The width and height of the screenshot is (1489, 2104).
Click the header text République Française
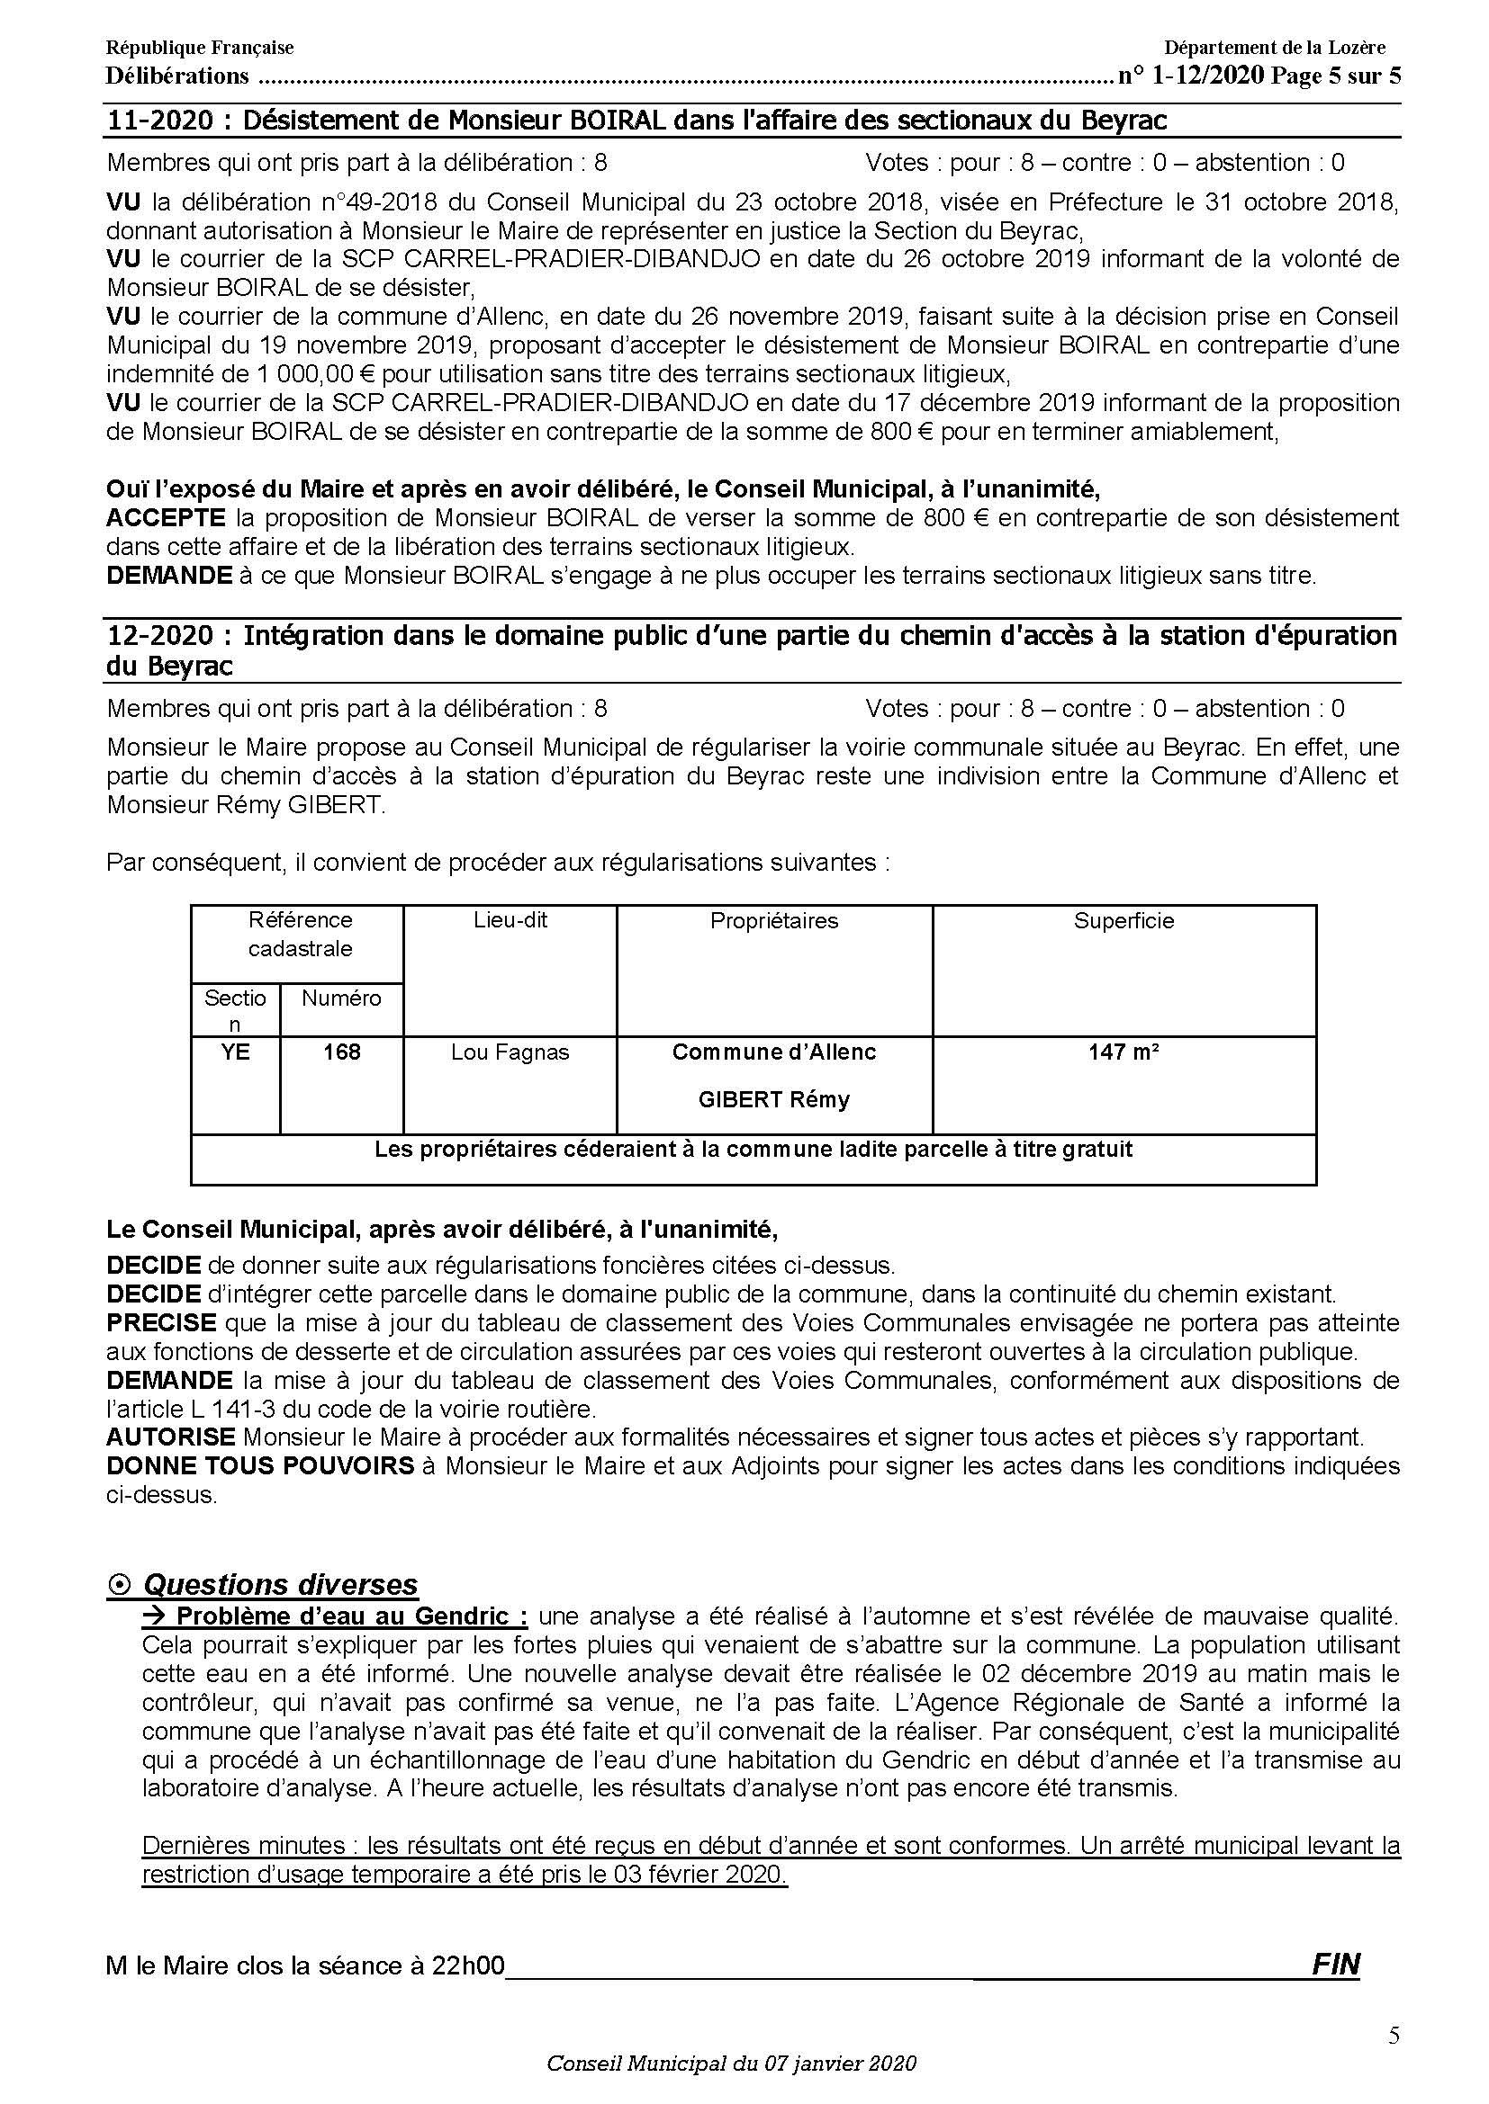(x=200, y=48)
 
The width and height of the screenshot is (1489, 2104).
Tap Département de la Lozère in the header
(x=1275, y=48)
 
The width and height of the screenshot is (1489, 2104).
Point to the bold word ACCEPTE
(x=166, y=518)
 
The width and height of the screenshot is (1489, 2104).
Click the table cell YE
(x=236, y=1052)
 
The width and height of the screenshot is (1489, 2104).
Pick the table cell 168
(x=341, y=1052)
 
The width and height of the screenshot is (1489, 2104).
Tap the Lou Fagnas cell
(x=510, y=1052)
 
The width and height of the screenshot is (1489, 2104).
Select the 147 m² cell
(x=1124, y=1052)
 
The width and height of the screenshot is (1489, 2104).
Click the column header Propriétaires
(x=774, y=921)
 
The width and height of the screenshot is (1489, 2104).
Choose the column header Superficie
(x=1124, y=921)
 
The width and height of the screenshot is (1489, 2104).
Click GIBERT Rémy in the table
(x=774, y=1099)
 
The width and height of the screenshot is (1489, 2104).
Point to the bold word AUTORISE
(x=170, y=1437)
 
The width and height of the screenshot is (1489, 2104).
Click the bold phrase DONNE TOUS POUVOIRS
(x=260, y=1466)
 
